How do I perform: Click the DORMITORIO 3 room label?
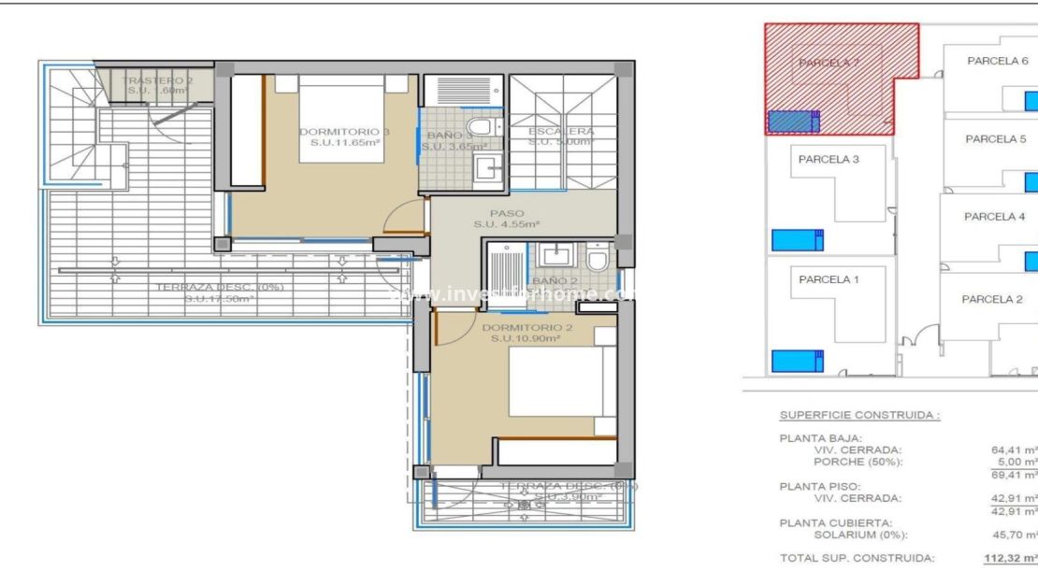click(343, 132)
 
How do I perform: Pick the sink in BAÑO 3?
click(486, 168)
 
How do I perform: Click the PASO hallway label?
click(506, 214)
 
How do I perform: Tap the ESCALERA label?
click(560, 132)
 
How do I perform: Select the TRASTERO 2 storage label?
click(157, 81)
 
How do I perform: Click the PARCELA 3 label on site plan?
click(828, 159)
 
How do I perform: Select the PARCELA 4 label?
click(994, 217)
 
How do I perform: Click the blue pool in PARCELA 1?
click(797, 361)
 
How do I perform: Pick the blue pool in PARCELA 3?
click(797, 240)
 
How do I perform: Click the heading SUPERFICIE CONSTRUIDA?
click(859, 415)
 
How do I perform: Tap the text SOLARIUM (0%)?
click(860, 535)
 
